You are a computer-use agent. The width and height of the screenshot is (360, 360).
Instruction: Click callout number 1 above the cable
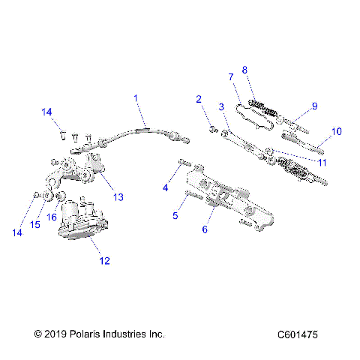(136, 98)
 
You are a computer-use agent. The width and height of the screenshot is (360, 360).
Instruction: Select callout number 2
(199, 99)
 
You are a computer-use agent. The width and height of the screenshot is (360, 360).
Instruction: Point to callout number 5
(175, 216)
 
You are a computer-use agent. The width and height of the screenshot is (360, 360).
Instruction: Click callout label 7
(231, 76)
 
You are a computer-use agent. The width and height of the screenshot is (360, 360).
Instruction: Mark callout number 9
(314, 106)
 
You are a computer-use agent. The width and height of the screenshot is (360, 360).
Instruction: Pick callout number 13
(118, 197)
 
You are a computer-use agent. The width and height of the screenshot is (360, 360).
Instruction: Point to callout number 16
(52, 217)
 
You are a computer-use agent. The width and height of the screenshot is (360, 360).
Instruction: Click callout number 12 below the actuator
(104, 261)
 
